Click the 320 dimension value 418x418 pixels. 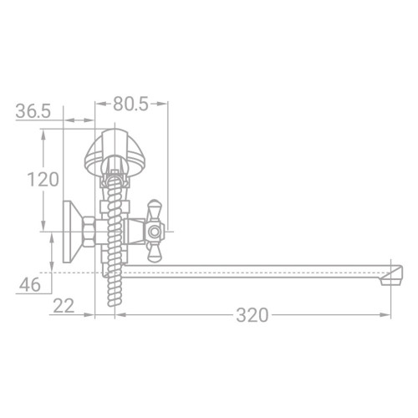(x=252, y=315)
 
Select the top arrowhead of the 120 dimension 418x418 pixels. (x=43, y=130)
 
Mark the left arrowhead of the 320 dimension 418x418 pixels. (x=118, y=315)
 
